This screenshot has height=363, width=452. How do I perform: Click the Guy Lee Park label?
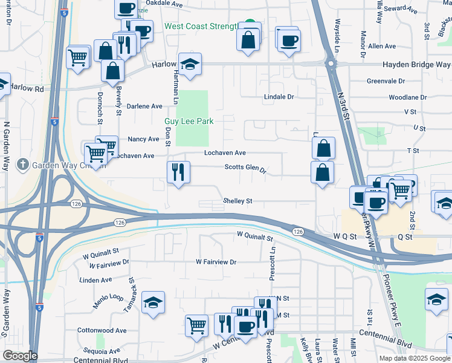coord(189,121)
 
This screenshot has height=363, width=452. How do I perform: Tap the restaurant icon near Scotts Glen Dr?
coord(179,172)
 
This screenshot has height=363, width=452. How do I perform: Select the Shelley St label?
coord(237,201)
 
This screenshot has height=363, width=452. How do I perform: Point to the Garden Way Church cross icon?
coord(22,164)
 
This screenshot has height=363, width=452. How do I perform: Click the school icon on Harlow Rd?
coord(190,64)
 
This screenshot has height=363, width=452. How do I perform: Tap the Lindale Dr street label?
coord(279,97)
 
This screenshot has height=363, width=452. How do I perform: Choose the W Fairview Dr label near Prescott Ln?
coord(216,262)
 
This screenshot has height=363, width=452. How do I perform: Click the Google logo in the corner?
coord(19,356)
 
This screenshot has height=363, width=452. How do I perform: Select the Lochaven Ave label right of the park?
coord(225,153)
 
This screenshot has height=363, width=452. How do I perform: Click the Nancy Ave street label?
coord(143,139)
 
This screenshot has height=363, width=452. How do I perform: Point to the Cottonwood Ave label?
coord(102,331)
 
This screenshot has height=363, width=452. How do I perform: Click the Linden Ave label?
coord(96,280)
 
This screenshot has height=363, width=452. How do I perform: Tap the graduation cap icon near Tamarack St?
coord(153,302)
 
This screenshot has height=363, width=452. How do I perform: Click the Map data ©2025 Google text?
coord(414,358)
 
